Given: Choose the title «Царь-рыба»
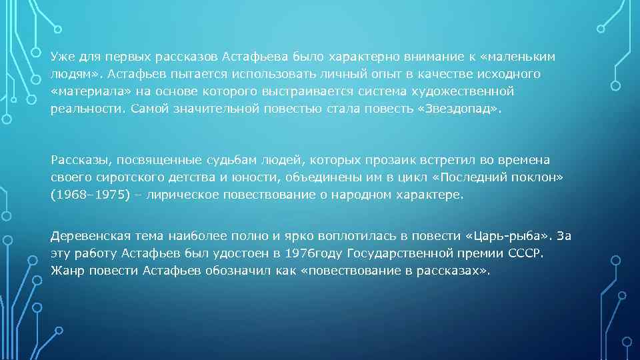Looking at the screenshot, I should point(510,237).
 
